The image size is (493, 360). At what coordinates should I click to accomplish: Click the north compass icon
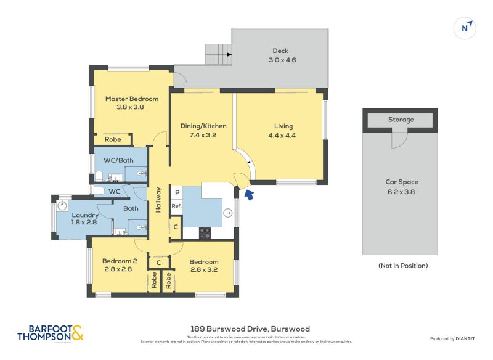pyautogui.click(x=467, y=28)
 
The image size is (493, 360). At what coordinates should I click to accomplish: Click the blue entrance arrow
pyautogui.click(x=249, y=195)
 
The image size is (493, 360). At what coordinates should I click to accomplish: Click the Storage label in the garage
pyautogui.click(x=400, y=120)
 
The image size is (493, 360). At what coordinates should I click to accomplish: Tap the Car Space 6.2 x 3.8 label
pyautogui.click(x=401, y=186)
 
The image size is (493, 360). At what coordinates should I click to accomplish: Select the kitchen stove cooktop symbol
pyautogui.click(x=205, y=233)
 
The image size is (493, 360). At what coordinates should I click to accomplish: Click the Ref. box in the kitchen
pyautogui.click(x=176, y=206)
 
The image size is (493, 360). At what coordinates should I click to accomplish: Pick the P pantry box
pyautogui.click(x=176, y=192)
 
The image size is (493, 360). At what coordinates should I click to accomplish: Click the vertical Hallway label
pyautogui.click(x=158, y=200)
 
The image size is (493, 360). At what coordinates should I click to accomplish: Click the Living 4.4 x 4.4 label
pyautogui.click(x=283, y=131)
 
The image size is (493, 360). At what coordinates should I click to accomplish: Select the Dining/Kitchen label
pyautogui.click(x=203, y=130)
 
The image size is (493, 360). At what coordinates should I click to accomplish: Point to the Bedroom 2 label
pyautogui.click(x=116, y=265)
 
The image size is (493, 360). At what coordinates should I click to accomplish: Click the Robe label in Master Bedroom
pyautogui.click(x=112, y=139)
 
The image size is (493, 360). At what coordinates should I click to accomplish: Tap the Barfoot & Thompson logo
pyautogui.click(x=51, y=333)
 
